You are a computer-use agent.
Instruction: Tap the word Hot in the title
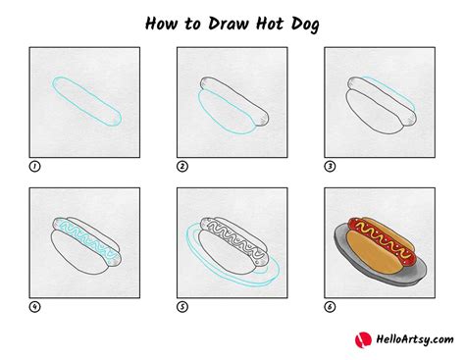coord(284,21)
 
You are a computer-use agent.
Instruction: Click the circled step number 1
coord(34,166)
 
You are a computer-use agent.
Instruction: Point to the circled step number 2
coord(181,166)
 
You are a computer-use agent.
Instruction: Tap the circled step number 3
coord(329,166)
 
